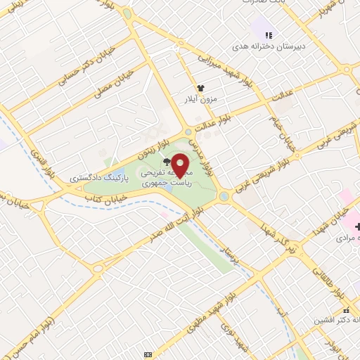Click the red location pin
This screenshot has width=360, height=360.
181,164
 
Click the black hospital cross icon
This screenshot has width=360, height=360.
357,226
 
